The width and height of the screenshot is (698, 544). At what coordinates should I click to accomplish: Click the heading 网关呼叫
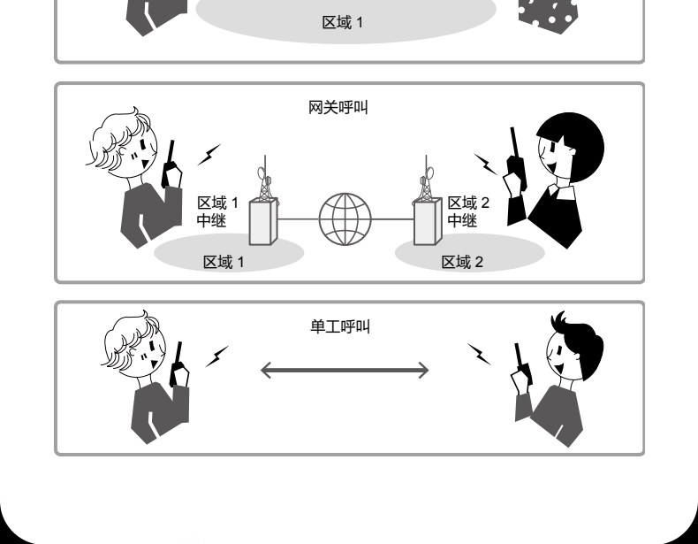pos(338,108)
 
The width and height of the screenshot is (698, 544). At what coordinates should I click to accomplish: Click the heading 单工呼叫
pos(339,327)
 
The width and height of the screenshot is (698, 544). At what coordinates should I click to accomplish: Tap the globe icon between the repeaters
pos(345,219)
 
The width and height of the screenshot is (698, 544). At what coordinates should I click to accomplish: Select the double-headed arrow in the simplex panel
pos(345,370)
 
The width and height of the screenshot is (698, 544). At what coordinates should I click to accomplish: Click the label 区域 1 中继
pos(216,212)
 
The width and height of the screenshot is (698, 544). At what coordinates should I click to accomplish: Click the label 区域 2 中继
pos(467,212)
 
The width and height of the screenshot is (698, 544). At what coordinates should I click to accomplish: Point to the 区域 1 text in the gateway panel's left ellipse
pos(224,262)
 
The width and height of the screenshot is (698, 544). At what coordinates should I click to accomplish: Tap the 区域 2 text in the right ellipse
pos(462,262)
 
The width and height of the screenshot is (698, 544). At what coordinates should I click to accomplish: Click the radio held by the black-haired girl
pos(513,159)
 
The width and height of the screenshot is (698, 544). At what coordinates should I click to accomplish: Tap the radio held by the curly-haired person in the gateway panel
pos(171,164)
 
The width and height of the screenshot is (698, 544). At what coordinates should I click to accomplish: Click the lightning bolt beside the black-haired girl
pos(485,163)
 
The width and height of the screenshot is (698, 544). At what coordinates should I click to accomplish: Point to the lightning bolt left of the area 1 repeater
pos(209,155)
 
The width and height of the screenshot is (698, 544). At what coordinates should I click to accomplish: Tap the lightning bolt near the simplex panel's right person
pos(479,354)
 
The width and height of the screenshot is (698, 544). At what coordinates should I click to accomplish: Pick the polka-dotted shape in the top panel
pos(548,14)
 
